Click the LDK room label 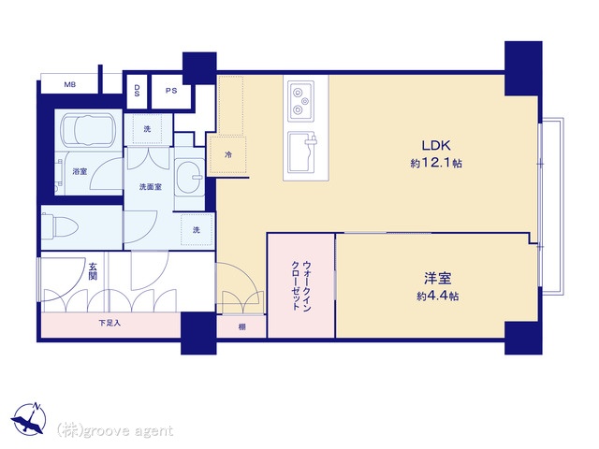point(436,146)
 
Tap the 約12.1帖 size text point(436,164)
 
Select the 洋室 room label point(437,279)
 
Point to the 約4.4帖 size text point(438,296)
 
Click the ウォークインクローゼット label point(301,285)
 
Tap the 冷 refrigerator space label point(228,155)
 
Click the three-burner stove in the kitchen point(300,101)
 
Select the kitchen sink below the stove point(302,152)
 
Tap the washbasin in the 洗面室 point(189,177)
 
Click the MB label point(69,85)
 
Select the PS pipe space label point(171,91)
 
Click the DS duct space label point(137,91)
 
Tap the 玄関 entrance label point(93,270)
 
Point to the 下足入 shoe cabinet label point(110,323)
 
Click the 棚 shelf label point(241,327)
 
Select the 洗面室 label point(150,187)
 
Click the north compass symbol point(29,418)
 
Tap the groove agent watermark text point(114,430)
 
